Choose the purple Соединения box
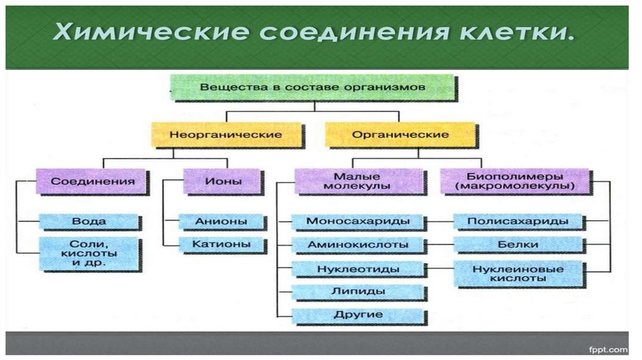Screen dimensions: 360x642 pyautogui.click(x=92, y=181)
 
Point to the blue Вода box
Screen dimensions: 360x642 pyautogui.click(x=89, y=221)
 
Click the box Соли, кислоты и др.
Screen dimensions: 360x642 pyautogui.click(x=89, y=253)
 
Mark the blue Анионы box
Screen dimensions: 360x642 pyautogui.click(x=221, y=221)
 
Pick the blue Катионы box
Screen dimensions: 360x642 pyautogui.click(x=221, y=243)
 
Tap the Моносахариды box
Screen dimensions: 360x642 pyautogui.click(x=358, y=221)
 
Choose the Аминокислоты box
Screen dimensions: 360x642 pyautogui.click(x=358, y=245)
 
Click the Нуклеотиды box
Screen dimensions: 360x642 pyautogui.click(x=358, y=268)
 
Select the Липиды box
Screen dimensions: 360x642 pyautogui.click(x=358, y=291)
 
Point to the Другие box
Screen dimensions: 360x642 pyautogui.click(x=358, y=314)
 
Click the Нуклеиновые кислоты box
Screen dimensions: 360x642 pyautogui.click(x=518, y=273)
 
